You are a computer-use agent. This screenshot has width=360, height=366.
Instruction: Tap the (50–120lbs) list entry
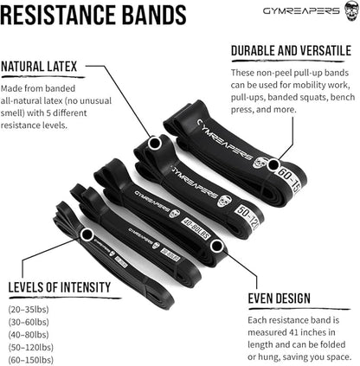coord(29,347)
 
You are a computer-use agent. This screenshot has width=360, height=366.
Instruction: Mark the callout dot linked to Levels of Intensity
coord(87,234)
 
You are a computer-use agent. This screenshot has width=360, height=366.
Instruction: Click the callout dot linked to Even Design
coord(218,247)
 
